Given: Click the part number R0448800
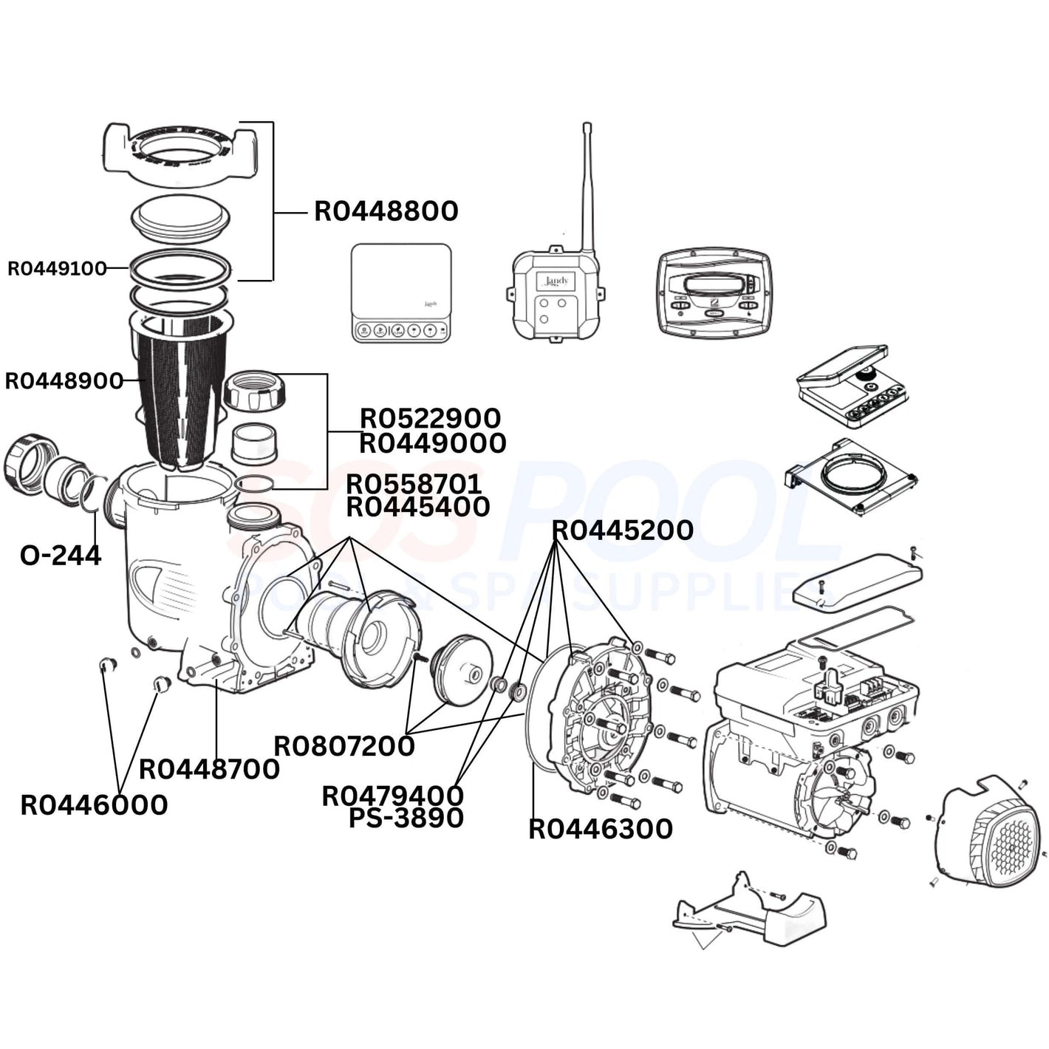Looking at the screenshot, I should pyautogui.click(x=386, y=211).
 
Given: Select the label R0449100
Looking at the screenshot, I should pyautogui.click(x=57, y=268).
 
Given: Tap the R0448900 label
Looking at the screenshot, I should pyautogui.click(x=64, y=381).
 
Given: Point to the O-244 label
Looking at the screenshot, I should pyautogui.click(x=61, y=555).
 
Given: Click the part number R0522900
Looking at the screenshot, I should pyautogui.click(x=430, y=418).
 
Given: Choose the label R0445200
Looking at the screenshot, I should pyautogui.click(x=623, y=530).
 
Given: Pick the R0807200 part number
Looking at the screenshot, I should pyautogui.click(x=344, y=746).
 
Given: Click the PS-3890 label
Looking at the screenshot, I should pyautogui.click(x=406, y=818).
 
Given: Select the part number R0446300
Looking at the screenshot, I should pyautogui.click(x=601, y=829).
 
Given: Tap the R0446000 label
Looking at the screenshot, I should pyautogui.click(x=94, y=804).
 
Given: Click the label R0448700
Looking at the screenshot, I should pyautogui.click(x=209, y=769).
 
